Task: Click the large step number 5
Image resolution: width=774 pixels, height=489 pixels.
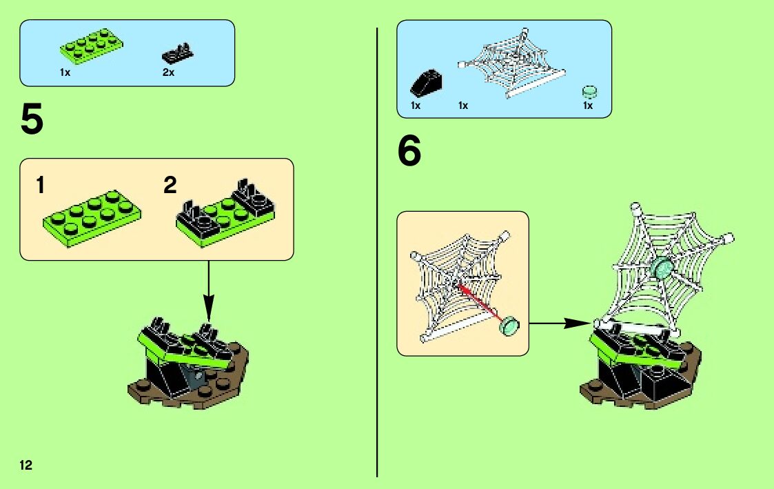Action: point(32,121)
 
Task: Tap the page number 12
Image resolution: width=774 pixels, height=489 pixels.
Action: point(26,464)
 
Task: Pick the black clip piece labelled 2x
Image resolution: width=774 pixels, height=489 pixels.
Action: point(178,52)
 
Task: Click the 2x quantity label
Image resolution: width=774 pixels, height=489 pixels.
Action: point(168,72)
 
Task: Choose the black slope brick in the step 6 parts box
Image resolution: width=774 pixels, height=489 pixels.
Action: point(426,83)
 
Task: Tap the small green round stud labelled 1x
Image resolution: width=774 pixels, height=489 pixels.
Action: point(589,91)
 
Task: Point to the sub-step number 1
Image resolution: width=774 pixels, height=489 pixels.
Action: point(42,186)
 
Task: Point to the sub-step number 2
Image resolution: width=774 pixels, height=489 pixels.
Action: point(170,186)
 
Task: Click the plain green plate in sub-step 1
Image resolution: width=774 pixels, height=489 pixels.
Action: point(92,213)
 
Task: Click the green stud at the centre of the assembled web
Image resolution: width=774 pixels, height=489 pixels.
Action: point(662,269)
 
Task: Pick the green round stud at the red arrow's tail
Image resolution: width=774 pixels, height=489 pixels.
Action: point(511,324)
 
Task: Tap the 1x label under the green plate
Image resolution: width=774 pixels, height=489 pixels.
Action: point(65,72)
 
